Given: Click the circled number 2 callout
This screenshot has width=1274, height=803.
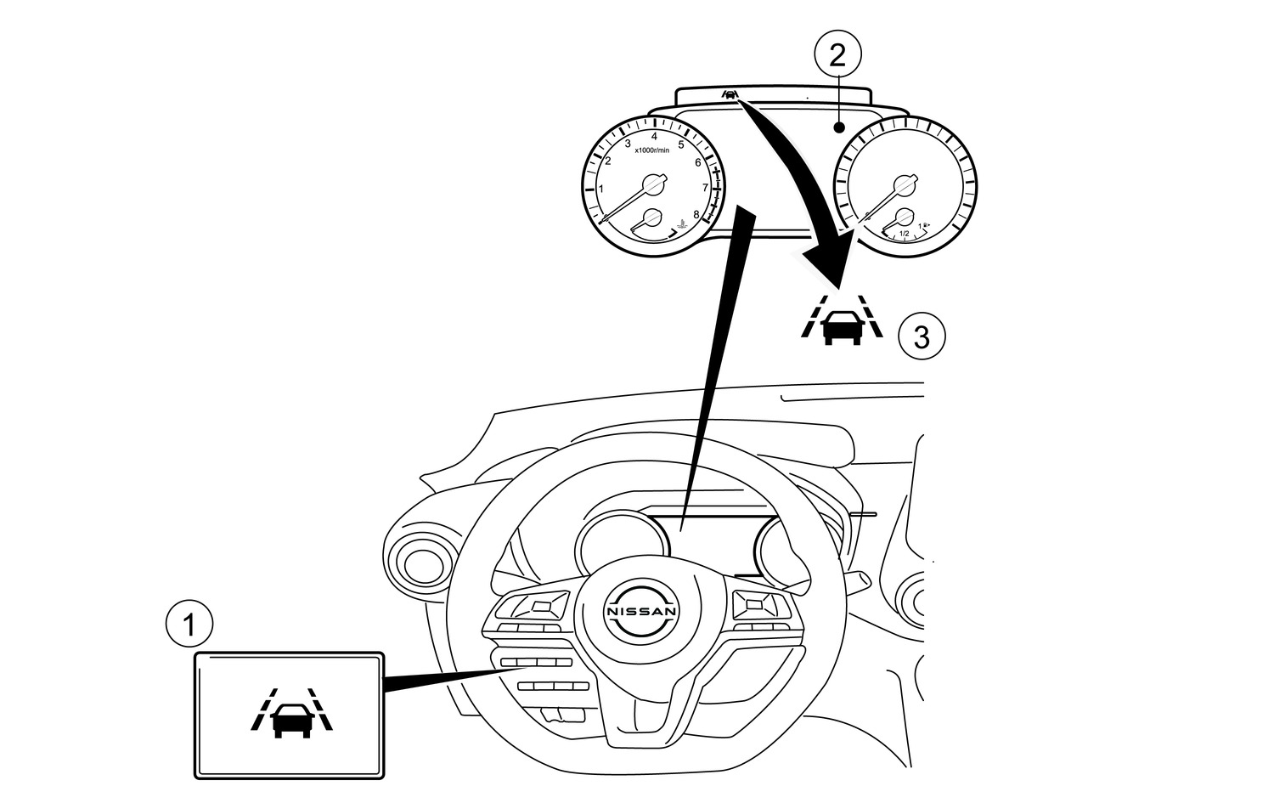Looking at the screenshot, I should [837, 56].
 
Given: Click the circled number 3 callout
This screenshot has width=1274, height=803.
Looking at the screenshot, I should [922, 336].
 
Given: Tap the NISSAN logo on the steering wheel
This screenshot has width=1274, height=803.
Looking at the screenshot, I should [642, 611].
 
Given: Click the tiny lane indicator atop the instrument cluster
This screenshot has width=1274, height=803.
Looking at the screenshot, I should [730, 94].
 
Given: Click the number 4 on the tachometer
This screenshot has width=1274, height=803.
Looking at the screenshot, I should [654, 136].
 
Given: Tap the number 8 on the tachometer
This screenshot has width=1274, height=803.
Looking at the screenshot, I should [696, 214].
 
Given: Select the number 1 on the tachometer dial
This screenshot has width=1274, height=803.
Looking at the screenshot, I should [601, 189].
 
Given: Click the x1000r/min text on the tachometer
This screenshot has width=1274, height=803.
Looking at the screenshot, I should [652, 150].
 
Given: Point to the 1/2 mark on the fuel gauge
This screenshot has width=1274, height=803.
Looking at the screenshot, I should [904, 234].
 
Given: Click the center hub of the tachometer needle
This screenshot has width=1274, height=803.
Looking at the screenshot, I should [651, 184].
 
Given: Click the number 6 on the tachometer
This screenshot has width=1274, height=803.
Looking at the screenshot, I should [697, 162].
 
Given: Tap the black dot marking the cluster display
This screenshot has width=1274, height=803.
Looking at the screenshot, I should [838, 128].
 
